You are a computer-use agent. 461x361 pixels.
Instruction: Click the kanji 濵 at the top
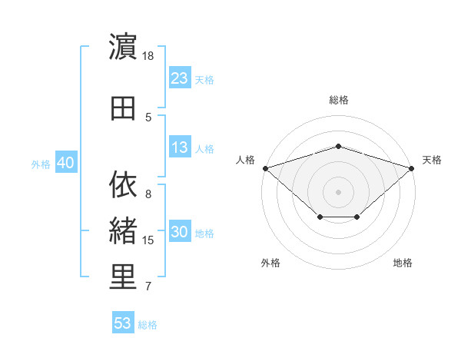[123, 46]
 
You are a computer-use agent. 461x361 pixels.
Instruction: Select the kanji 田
[123, 108]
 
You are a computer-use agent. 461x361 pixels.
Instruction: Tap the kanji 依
[123, 184]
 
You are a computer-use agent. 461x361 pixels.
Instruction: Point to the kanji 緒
[123, 230]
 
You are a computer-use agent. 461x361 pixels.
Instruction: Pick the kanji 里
[123, 277]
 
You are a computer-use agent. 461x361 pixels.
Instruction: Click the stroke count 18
[148, 56]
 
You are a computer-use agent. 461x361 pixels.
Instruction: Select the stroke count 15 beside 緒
[148, 240]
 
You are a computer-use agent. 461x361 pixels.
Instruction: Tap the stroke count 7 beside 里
[148, 286]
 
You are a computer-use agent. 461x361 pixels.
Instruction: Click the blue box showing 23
[180, 78]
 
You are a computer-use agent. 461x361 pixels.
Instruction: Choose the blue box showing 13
[180, 147]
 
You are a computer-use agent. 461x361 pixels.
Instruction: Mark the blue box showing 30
[180, 230]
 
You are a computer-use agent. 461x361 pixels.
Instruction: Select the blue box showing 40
[66, 162]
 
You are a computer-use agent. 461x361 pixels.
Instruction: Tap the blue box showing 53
[123, 322]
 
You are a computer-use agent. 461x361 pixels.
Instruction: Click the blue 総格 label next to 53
[148, 325]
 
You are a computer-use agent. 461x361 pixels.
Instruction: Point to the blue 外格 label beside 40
[41, 164]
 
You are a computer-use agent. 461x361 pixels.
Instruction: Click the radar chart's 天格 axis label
[432, 160]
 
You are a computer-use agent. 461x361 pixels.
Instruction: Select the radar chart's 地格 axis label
[403, 263]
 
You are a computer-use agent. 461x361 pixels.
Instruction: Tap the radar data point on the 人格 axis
[266, 168]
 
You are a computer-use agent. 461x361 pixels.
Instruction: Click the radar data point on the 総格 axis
[338, 147]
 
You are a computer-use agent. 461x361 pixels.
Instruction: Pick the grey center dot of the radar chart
[338, 192]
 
